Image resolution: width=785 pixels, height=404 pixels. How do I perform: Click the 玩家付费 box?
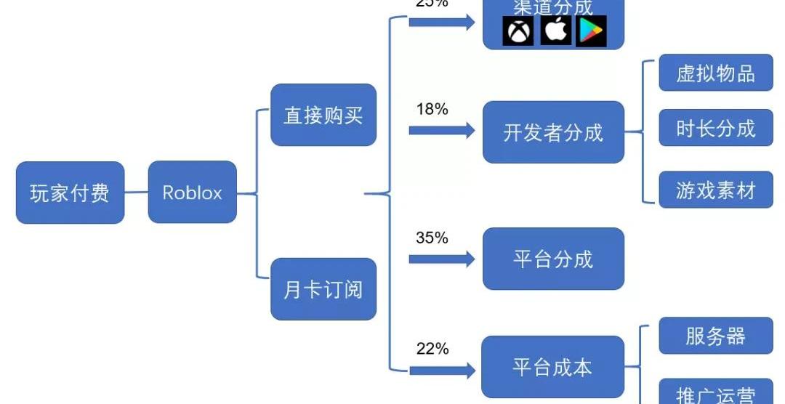[71, 193]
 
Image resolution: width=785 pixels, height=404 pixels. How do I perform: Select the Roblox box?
[192, 193]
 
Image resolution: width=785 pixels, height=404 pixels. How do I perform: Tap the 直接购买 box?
[323, 115]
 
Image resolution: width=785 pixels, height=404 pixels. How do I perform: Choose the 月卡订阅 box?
[323, 289]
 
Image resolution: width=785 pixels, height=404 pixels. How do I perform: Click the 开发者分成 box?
[553, 132]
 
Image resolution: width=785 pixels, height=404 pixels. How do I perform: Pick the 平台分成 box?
[553, 259]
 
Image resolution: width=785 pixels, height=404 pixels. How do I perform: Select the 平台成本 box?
[553, 367]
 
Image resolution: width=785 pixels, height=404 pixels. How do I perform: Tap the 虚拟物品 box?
[715, 73]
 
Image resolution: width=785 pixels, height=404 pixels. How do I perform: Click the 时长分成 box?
[715, 128]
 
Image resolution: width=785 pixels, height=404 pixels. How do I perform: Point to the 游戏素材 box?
[715, 190]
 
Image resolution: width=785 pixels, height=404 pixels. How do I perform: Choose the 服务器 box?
[715, 336]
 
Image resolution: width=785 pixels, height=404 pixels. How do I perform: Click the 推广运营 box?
[715, 392]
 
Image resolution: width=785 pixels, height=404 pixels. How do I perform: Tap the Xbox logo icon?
[518, 31]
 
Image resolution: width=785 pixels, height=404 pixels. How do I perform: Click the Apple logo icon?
[556, 31]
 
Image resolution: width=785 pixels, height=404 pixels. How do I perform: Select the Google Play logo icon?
[591, 31]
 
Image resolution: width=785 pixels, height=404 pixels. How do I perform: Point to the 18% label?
[432, 110]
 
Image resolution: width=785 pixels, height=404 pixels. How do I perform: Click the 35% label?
[432, 238]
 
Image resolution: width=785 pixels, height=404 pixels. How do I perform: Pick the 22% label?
[432, 349]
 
